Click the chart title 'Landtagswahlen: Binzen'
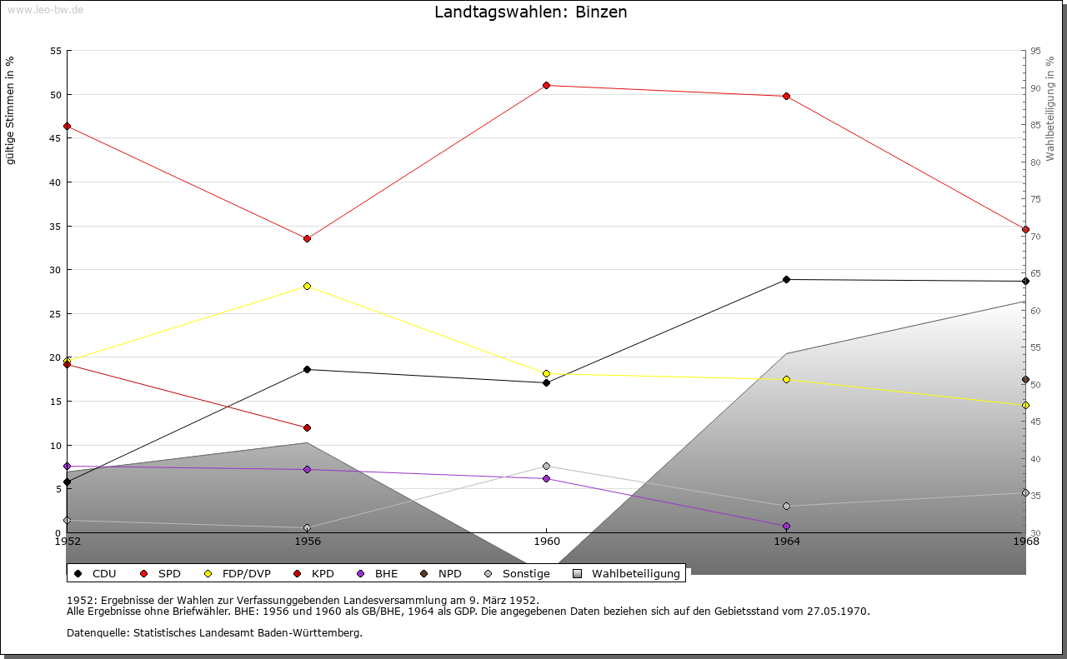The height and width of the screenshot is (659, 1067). [531, 12]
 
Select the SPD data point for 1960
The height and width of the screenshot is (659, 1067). [546, 85]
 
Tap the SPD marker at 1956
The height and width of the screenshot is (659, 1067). [307, 238]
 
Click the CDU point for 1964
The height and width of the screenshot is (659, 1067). [786, 279]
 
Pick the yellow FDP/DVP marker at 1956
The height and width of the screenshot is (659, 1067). [307, 286]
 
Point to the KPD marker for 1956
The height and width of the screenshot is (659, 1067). [307, 427]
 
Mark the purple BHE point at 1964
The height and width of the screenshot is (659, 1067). [786, 526]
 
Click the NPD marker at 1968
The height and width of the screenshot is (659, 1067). [1025, 379]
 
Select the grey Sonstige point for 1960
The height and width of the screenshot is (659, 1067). [546, 466]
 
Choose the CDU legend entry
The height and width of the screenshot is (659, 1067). [96, 573]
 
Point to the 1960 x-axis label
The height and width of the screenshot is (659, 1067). [546, 542]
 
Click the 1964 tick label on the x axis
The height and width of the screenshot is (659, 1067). [786, 542]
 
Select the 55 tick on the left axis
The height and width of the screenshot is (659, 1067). [56, 51]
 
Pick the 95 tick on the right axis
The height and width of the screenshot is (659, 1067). [1035, 51]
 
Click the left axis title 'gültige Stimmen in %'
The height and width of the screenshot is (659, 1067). [11, 110]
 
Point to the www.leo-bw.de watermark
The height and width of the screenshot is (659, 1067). [43, 7]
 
